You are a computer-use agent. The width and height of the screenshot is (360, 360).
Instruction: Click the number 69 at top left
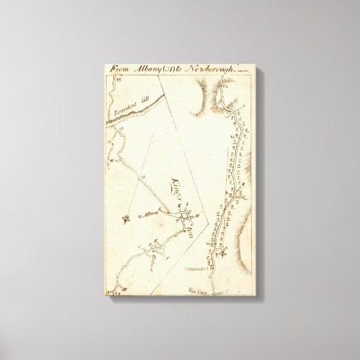pyautogui.click(x=117, y=79)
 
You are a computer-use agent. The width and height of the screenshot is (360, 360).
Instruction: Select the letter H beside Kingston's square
pyautogui.click(x=196, y=215)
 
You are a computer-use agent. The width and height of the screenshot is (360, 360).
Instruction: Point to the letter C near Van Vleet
pyautogui.click(x=217, y=289)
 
